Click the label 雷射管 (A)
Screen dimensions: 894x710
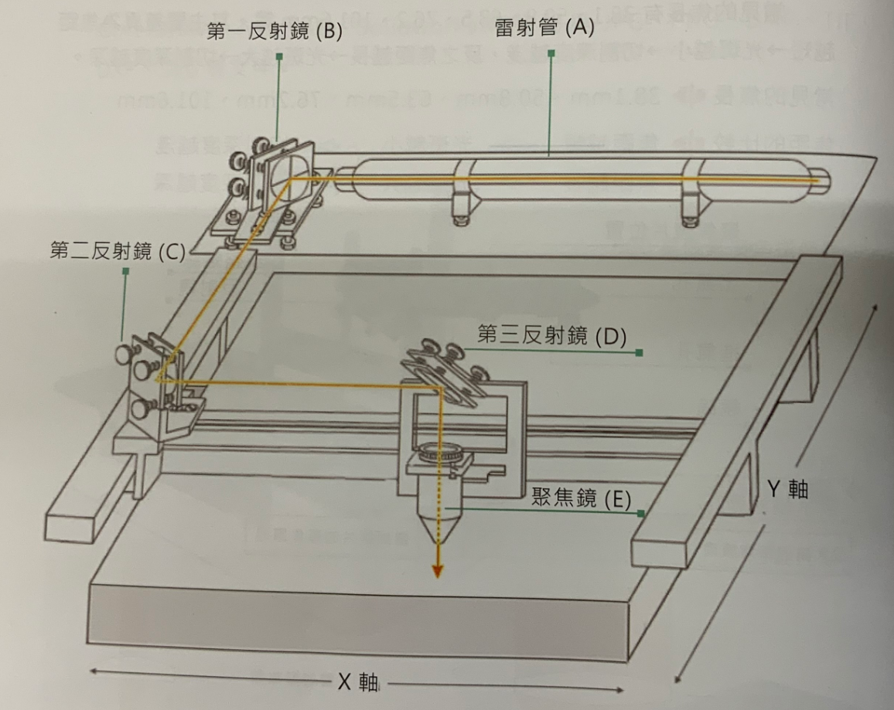click(x=544, y=29)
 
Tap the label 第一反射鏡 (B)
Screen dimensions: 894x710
click(x=275, y=32)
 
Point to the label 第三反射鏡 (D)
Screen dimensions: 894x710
click(x=551, y=335)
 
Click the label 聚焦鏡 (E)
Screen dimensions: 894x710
click(x=576, y=498)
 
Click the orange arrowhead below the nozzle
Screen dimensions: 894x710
click(x=438, y=570)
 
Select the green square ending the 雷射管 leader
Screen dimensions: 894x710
click(x=551, y=54)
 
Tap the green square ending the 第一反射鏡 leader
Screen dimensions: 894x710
click(x=278, y=56)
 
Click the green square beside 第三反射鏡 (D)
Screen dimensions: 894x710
click(x=639, y=353)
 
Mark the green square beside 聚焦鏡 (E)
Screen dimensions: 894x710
click(x=640, y=513)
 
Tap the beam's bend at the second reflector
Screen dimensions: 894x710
click(x=157, y=380)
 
